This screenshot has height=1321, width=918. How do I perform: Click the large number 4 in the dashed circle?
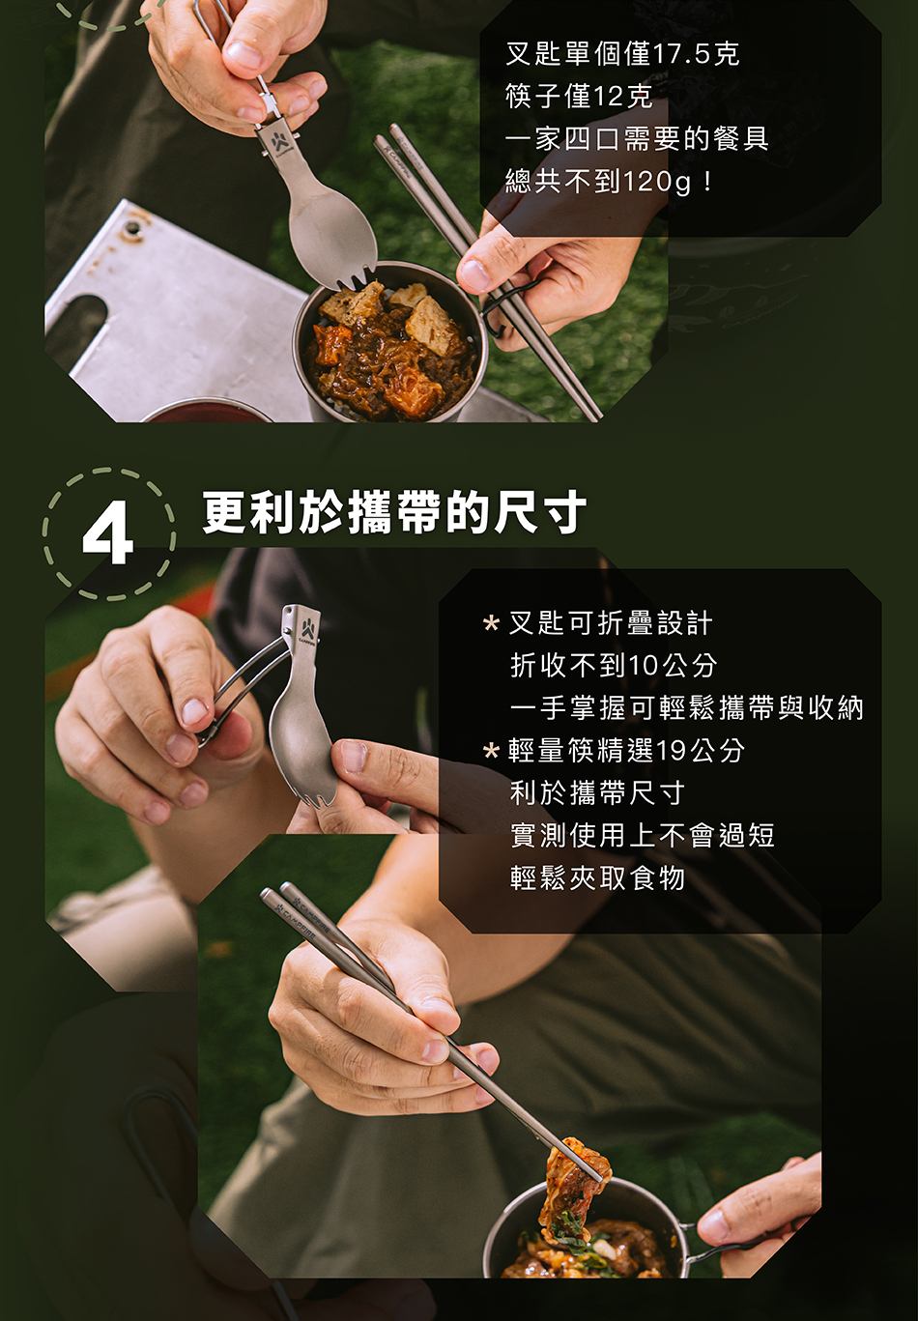(x=108, y=531)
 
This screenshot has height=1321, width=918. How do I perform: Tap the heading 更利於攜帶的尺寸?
(x=394, y=512)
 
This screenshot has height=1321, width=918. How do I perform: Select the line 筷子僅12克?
(x=579, y=96)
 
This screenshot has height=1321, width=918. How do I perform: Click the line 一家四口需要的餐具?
(x=637, y=139)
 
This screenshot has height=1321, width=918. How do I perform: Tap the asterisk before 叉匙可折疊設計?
(x=491, y=622)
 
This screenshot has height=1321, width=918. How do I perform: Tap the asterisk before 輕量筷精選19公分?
(x=491, y=751)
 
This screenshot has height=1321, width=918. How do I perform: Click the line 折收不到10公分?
(x=614, y=665)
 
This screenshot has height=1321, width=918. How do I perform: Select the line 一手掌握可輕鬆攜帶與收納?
(x=686, y=707)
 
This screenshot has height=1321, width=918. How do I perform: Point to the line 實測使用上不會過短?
(x=642, y=835)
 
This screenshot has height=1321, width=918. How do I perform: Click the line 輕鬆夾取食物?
(x=597, y=877)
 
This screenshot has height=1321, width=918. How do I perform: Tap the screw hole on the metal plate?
(x=133, y=227)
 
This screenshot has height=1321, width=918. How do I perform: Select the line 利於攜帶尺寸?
(x=597, y=792)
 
